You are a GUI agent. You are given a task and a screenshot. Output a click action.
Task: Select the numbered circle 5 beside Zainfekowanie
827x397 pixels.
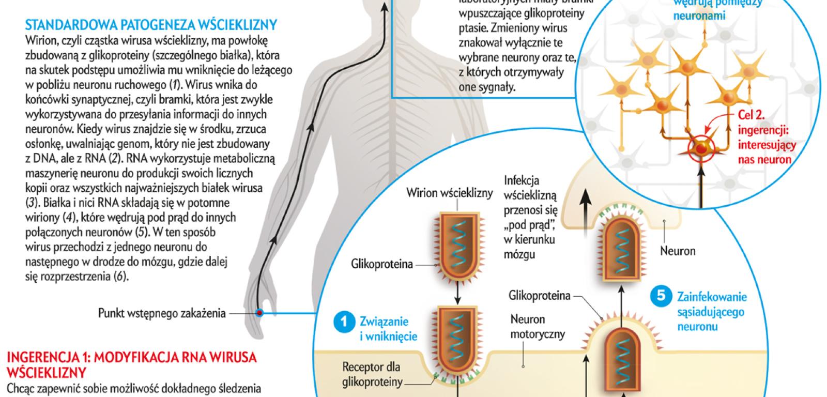(x=661, y=297)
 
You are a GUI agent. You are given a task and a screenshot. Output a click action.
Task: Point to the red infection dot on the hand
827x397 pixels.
(x=259, y=313)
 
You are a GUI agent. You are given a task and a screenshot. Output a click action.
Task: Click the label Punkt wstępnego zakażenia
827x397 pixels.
(x=162, y=313)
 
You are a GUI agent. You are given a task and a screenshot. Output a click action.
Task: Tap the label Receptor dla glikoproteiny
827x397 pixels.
(x=372, y=375)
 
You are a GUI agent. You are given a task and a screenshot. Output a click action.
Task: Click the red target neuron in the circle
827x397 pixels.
(x=700, y=149)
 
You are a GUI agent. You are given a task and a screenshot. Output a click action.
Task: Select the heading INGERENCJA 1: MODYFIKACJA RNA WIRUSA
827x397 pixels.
(x=131, y=358)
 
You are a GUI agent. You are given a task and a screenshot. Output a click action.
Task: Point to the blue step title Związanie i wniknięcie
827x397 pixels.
(x=388, y=329)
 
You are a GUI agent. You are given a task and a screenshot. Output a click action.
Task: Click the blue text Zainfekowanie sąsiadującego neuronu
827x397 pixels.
(x=712, y=312)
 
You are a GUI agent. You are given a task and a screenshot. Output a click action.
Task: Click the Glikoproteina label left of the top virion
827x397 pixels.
(x=382, y=264)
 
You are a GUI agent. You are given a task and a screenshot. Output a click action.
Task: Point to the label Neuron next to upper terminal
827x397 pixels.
(x=678, y=251)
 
